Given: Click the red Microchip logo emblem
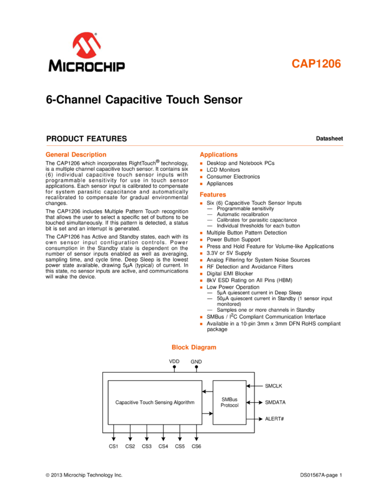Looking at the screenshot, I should [x=87, y=45].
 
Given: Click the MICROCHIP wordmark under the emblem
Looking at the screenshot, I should [x=87, y=65].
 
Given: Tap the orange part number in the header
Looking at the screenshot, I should [x=316, y=64].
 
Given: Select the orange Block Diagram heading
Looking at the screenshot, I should [x=194, y=347].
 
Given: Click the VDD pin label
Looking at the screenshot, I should [x=174, y=361].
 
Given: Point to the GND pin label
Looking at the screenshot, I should [x=196, y=361].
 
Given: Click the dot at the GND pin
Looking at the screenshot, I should [x=196, y=367].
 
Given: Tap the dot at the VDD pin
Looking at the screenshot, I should [x=174, y=367].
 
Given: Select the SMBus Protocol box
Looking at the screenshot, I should [x=229, y=402].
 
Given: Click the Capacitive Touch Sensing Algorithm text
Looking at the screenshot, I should [x=155, y=402].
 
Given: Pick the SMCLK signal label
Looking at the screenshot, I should [x=273, y=386].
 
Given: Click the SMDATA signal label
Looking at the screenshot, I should [x=275, y=402].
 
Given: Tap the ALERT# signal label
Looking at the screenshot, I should [x=275, y=419].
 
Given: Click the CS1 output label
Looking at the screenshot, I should [x=113, y=446].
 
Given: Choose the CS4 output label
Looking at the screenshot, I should [x=163, y=446].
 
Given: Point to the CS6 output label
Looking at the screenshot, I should [x=196, y=446].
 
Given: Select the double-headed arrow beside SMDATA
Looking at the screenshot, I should [x=254, y=402].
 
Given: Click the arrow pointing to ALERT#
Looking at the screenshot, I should [x=254, y=419].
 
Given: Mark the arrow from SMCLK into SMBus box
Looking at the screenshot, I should [x=254, y=386].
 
